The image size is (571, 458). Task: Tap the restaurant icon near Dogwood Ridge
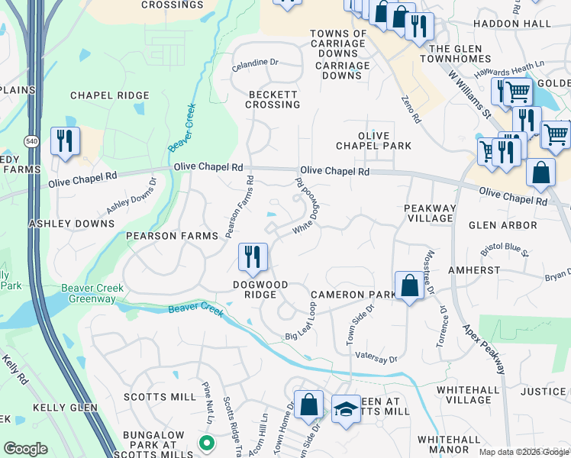tap(252, 257)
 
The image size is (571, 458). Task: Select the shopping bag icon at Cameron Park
tap(409, 286)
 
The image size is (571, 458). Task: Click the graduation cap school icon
tap(346, 408)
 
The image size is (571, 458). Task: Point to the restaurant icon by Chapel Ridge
tap(64, 141)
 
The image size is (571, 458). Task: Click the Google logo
tap(25, 449)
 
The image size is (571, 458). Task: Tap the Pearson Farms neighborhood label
tap(173, 236)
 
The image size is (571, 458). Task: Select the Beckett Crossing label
tap(273, 99)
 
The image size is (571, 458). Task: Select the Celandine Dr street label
tap(256, 63)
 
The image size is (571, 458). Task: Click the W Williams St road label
tap(469, 95)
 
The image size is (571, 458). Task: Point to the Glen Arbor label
tap(502, 225)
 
